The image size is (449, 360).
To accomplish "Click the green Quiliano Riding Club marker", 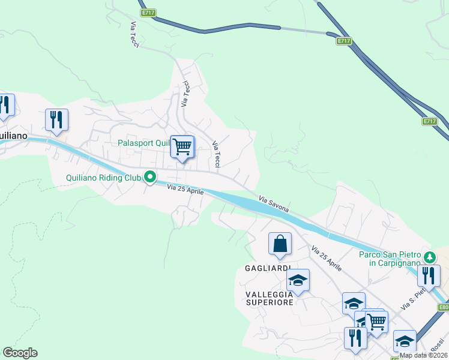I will tap(149, 178).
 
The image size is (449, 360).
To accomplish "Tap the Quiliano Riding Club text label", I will tap(103, 178).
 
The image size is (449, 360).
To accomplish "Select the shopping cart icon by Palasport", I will tap(182, 146).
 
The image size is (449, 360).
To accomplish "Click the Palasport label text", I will tap(145, 143).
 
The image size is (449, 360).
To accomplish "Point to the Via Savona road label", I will tap(274, 204).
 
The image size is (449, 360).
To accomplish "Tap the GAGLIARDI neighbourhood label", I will tap(268, 268).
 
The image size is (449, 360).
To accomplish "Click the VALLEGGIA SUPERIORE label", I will tap(270, 298).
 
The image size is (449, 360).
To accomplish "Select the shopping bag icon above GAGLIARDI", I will tap(280, 244).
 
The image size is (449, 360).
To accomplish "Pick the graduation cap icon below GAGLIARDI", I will tap(297, 280).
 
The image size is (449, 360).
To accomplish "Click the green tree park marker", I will tap(429, 257).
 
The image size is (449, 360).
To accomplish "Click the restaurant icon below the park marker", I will tap(429, 275).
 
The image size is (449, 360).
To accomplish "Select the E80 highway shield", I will tap(444, 308).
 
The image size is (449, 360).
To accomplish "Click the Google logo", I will tap(20, 353).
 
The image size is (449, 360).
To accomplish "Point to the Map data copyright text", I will tap(423, 355).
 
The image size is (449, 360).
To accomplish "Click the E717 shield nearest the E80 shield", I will tap(429, 121).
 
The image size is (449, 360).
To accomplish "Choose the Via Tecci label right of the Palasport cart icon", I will tap(217, 154).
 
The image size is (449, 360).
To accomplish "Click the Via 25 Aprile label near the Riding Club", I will tap(185, 190).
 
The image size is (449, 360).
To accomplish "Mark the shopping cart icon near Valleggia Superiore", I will tap(376, 321).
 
